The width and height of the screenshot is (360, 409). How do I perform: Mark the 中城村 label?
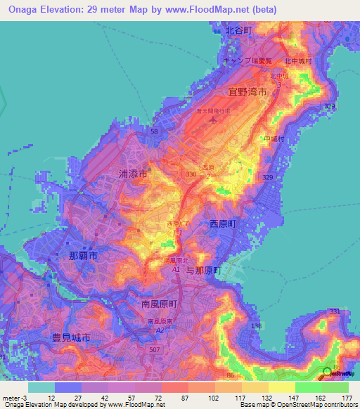click(273, 139)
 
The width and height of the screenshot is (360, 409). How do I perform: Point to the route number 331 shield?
click(334, 311)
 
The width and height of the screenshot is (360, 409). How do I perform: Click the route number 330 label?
click(191, 173)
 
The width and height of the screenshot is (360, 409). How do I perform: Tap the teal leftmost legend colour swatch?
click(41, 387)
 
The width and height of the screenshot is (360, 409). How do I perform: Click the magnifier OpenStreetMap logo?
click(328, 374)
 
